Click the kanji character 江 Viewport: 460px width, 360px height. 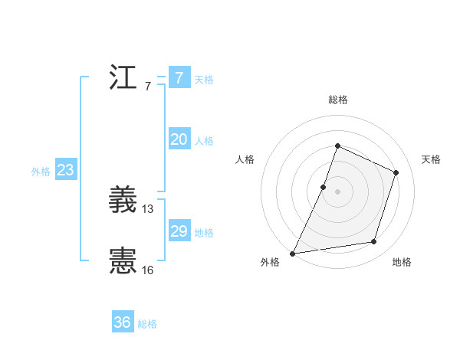pyautogui.click(x=123, y=78)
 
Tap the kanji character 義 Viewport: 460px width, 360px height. pyautogui.click(x=123, y=200)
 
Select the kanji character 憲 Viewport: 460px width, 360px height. pyautogui.click(x=123, y=261)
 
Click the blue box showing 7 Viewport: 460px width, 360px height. pyautogui.click(x=179, y=78)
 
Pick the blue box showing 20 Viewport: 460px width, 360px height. pyautogui.click(x=179, y=139)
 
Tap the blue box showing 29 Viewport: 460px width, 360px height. pyautogui.click(x=179, y=231)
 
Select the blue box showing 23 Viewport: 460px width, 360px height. pyautogui.click(x=65, y=170)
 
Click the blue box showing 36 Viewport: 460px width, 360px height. pyautogui.click(x=123, y=322)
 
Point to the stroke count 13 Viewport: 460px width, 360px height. pyautogui.click(x=148, y=208)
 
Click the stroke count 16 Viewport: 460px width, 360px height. pyautogui.click(x=148, y=270)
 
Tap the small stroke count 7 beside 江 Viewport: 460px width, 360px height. pyautogui.click(x=148, y=86)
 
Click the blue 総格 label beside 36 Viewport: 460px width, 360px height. pyautogui.click(x=147, y=324)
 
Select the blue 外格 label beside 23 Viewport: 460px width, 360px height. pyautogui.click(x=41, y=172)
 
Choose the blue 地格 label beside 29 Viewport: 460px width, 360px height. pyautogui.click(x=204, y=233)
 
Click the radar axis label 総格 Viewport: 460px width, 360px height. pyautogui.click(x=337, y=100)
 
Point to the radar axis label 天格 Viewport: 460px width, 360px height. pyautogui.click(x=431, y=159)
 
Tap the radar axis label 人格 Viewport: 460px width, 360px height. pyautogui.click(x=245, y=159)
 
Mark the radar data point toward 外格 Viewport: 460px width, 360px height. pyautogui.click(x=293, y=253)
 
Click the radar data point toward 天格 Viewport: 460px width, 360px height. pyautogui.click(x=396, y=172)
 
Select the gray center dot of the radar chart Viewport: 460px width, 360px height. pyautogui.click(x=337, y=191)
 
